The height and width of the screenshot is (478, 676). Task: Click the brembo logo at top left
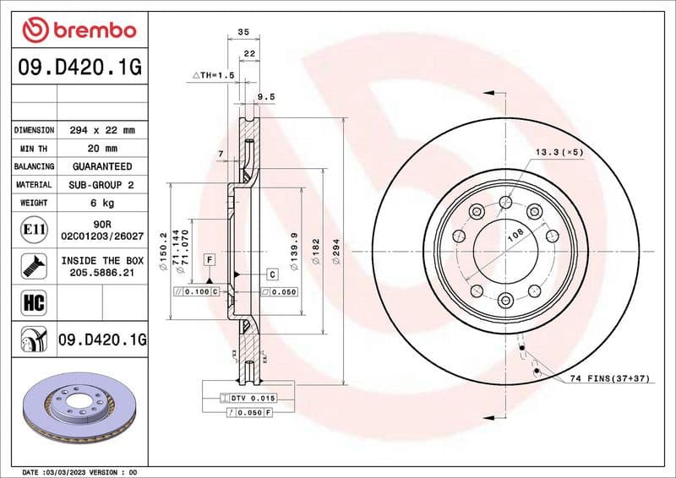(x=79, y=30)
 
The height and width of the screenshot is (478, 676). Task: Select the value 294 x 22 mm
(x=101, y=130)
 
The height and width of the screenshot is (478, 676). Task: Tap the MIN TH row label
(x=34, y=149)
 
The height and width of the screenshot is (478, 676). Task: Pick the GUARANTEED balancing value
(x=101, y=166)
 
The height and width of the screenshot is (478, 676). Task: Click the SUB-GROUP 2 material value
(x=101, y=184)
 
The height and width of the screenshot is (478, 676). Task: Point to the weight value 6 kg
(x=101, y=203)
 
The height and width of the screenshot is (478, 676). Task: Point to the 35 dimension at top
(x=243, y=31)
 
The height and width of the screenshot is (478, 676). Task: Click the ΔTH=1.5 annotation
(x=212, y=75)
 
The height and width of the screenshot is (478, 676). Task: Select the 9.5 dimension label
(x=266, y=96)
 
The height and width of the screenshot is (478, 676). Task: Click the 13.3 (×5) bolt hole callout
(x=559, y=152)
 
